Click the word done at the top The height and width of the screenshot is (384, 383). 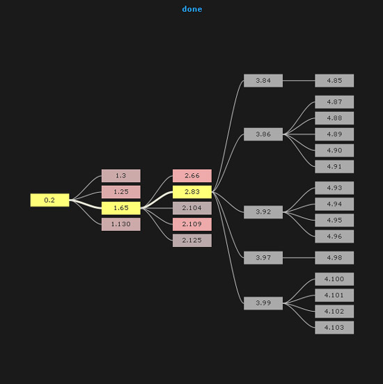tap(192, 9)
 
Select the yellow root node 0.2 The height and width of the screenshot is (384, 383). tap(49, 200)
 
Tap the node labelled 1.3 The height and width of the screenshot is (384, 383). tap(121, 175)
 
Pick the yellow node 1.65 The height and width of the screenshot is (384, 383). tap(121, 208)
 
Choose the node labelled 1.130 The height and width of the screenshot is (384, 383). tap(121, 224)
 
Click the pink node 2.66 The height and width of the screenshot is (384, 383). tap(192, 175)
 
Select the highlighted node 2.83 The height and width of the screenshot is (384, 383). tap(192, 192)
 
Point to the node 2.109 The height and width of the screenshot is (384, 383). tap(192, 224)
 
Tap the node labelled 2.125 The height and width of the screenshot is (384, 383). tap(192, 241)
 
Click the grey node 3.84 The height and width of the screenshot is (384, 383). tap(263, 81)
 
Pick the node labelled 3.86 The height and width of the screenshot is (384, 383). tap(263, 134)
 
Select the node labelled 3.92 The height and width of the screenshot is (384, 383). tap(263, 212)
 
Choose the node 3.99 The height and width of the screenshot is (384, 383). tap(263, 303)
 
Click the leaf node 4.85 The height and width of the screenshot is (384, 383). tap(334, 81)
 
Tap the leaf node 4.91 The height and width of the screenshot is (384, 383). tap(334, 166)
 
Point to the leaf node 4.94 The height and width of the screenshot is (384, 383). tap(334, 204)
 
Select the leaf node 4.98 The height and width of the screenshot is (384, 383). tap(334, 257)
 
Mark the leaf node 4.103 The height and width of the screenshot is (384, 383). tap(334, 328)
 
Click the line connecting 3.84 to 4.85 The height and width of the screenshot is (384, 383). tap(299, 80)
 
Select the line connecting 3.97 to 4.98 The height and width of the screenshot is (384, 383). tap(299, 257)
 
